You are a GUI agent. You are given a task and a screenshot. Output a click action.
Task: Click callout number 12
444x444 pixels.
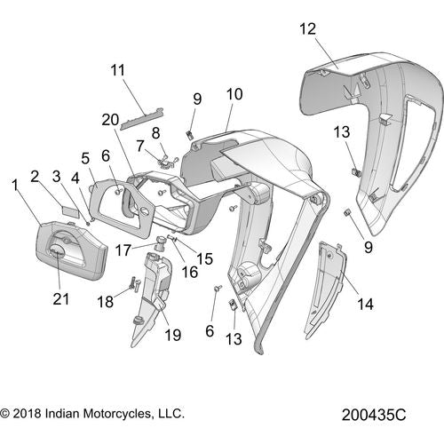(307, 29)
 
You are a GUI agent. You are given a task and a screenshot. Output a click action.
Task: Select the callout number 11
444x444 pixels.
(118, 70)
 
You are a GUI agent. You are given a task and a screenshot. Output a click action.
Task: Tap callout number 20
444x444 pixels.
(110, 120)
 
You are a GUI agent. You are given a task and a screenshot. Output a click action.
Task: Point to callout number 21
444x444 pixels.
(61, 298)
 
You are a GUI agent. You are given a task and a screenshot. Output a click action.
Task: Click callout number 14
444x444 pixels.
(366, 304)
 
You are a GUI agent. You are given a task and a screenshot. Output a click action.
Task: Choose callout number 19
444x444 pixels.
(172, 335)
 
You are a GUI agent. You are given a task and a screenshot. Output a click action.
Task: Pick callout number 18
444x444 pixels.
(106, 302)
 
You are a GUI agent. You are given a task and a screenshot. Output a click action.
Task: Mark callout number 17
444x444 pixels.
(123, 250)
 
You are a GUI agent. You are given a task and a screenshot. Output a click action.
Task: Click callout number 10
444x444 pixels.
(234, 94)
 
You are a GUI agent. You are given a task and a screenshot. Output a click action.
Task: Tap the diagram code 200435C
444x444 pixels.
(374, 415)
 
